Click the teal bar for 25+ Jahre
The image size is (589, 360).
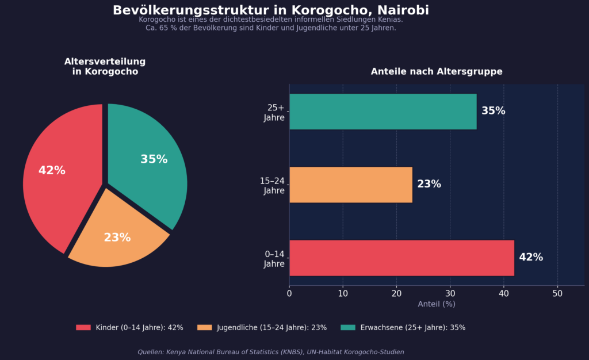click(x=383, y=112)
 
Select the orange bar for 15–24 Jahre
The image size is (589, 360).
click(x=351, y=185)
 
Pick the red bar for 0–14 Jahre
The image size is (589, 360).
click(x=401, y=258)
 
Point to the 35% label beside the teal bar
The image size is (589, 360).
click(x=493, y=111)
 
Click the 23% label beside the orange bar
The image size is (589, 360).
click(x=429, y=184)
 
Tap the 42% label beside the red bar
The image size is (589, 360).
click(x=531, y=257)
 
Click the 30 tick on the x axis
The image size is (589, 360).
click(x=450, y=293)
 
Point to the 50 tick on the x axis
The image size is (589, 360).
click(x=557, y=293)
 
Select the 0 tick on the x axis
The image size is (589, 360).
click(x=289, y=293)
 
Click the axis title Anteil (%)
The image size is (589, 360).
click(x=437, y=304)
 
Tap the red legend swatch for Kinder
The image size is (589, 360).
click(x=83, y=327)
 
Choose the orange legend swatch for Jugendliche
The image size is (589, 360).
click(x=204, y=327)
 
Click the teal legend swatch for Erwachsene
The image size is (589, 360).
click(x=348, y=327)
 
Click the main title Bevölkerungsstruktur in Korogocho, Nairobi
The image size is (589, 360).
click(x=270, y=10)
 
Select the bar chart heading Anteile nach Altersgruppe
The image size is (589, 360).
click(x=437, y=71)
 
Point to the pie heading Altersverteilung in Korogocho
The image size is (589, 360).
click(x=105, y=67)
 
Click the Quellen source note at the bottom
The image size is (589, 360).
click(x=270, y=352)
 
